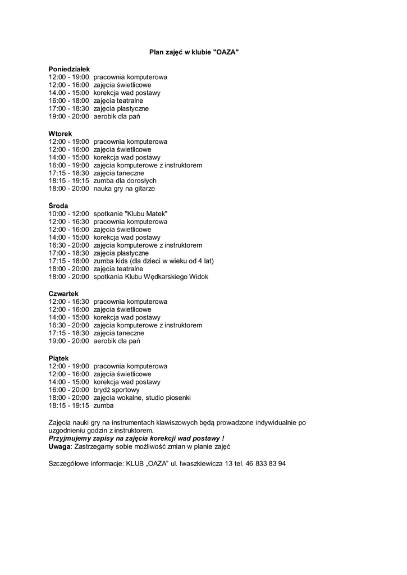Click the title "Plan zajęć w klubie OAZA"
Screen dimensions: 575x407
coord(194,52)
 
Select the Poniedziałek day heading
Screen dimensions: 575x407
coord(68,69)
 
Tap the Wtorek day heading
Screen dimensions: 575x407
coord(61,134)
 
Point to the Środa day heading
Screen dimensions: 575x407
coord(58,206)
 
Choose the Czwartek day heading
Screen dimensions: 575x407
coord(64,294)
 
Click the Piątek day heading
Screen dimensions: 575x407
coord(59,358)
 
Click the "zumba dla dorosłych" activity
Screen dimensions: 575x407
coord(125,181)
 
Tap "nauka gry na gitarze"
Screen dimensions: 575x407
coord(124,189)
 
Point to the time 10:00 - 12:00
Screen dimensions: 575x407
coord(69,214)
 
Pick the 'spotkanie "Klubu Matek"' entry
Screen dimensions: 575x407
coord(130,214)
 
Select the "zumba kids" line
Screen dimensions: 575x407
coord(153,261)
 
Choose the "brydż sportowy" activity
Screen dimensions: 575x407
coord(117,389)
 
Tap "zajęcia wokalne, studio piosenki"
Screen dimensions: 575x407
coord(142,398)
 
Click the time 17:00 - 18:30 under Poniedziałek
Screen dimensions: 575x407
coord(69,108)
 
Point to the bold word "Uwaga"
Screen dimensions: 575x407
coord(60,446)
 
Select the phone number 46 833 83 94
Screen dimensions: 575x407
coord(266,464)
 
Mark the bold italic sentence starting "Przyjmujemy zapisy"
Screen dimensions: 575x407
coord(136,438)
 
